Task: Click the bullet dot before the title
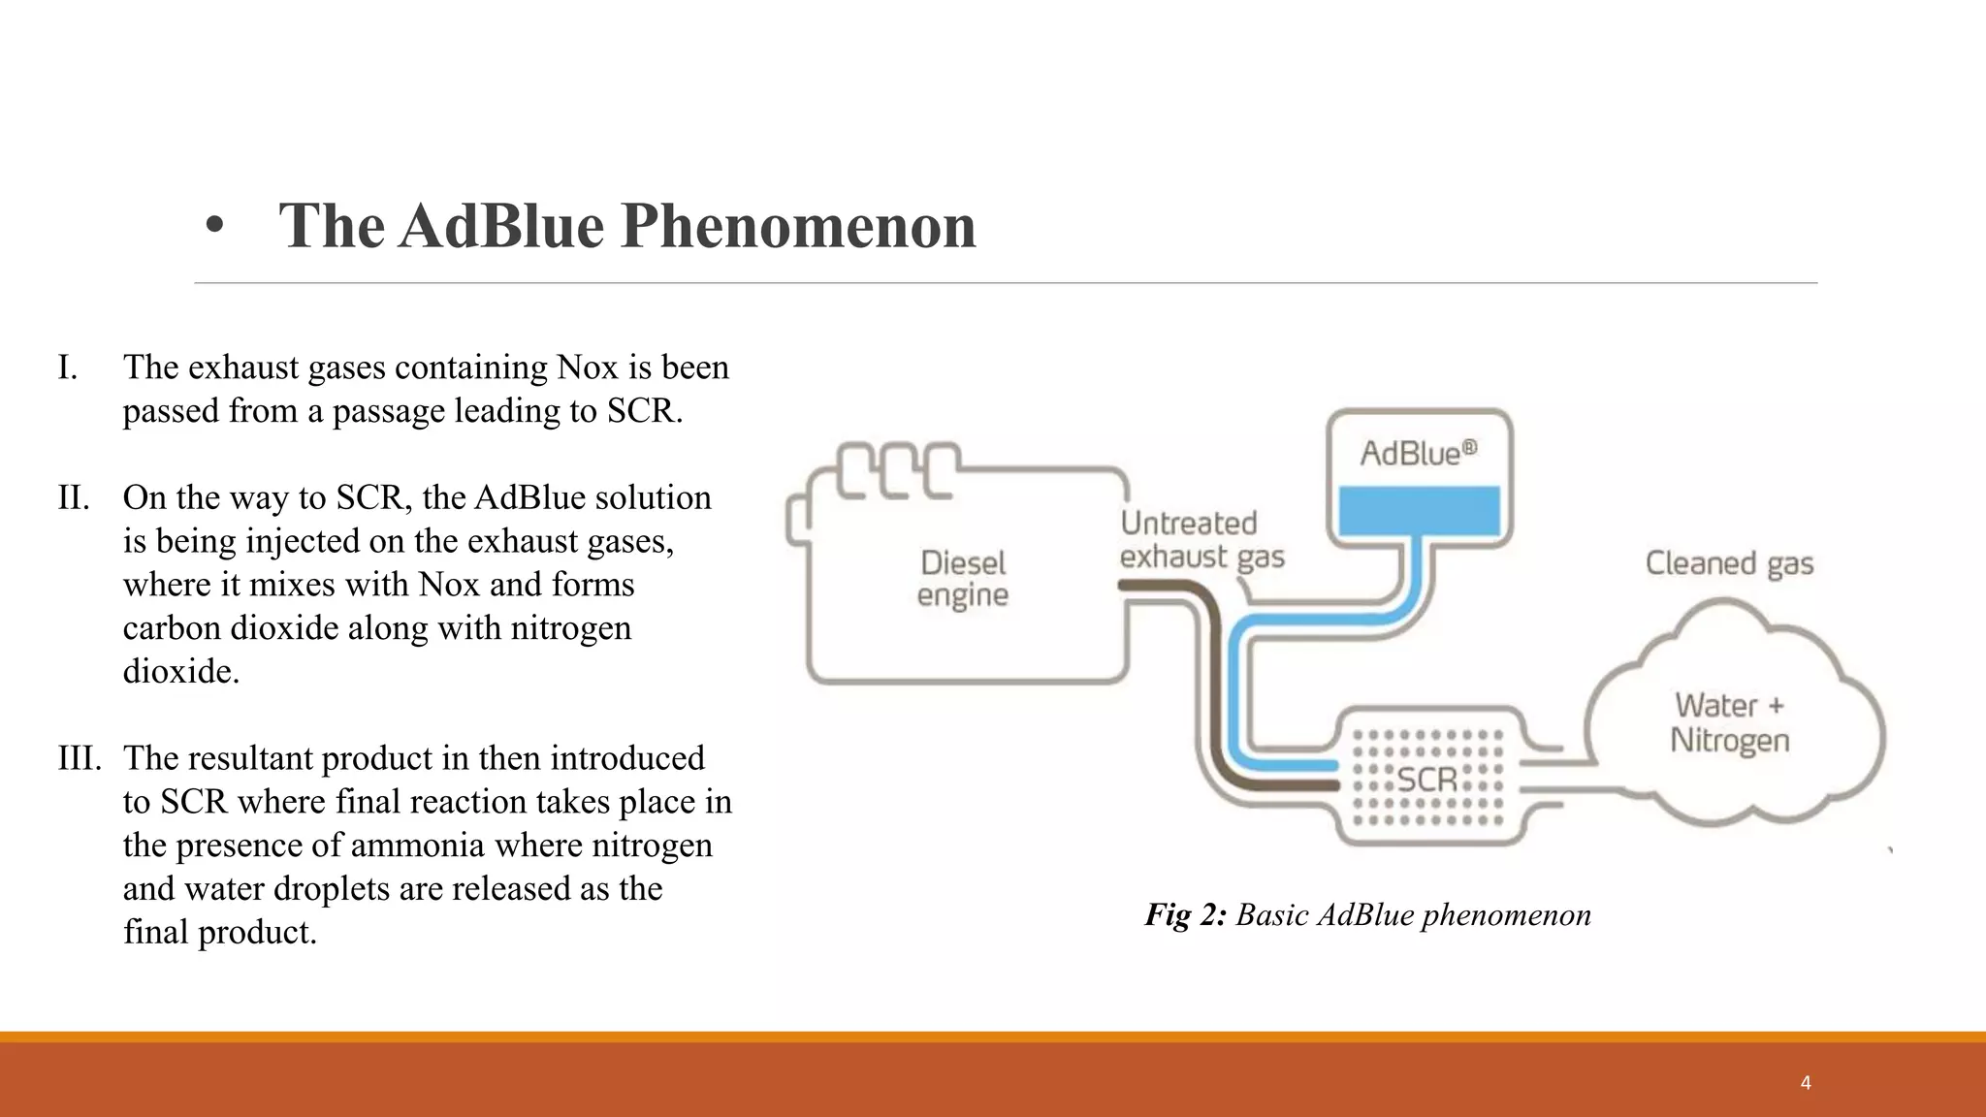coord(214,227)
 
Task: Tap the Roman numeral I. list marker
coord(67,368)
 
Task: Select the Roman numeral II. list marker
coord(73,498)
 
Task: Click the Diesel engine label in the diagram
coord(963,579)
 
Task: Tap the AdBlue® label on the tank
coord(1418,453)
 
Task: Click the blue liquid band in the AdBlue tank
coord(1419,511)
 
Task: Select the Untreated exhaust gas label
coord(1201,540)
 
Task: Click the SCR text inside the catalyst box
coord(1426,779)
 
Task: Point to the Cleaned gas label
coord(1729,563)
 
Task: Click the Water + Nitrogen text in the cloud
coord(1729,722)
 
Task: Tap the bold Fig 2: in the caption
coord(1185,914)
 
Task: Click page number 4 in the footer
coord(1806,1083)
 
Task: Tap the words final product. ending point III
coord(220,933)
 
